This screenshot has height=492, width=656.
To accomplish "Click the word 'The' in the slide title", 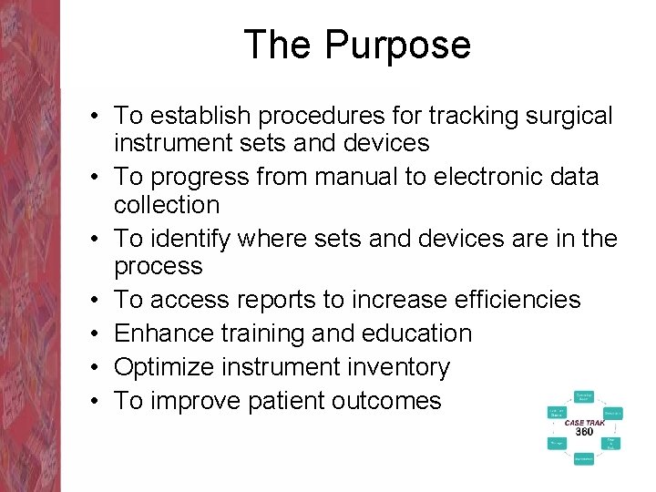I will [279, 45].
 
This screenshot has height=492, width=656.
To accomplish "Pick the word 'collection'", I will [167, 205].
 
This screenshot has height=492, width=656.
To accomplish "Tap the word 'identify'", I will [193, 239].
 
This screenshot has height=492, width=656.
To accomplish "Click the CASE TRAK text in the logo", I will [585, 423].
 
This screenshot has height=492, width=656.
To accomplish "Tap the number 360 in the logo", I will [585, 432].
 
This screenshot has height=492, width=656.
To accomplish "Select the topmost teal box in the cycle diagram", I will [584, 396].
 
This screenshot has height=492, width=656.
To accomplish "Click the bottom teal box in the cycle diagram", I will [584, 459].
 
